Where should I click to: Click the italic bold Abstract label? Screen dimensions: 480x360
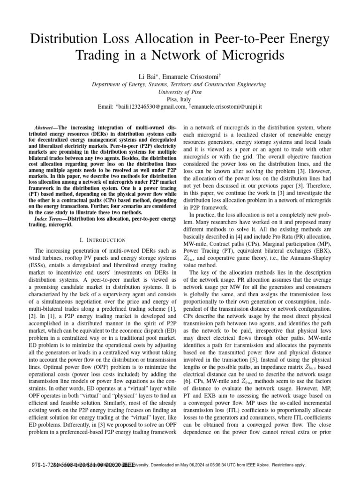pyautogui.click(x=45, y=127)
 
